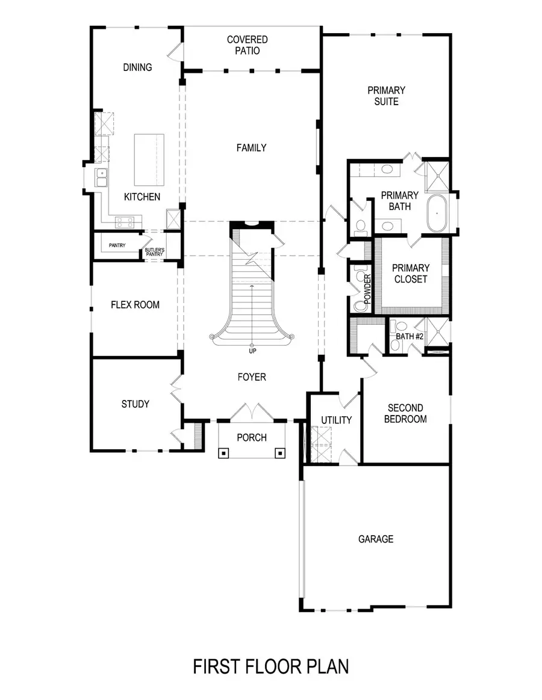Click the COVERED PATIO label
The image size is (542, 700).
[247, 45]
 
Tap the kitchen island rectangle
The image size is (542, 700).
[149, 159]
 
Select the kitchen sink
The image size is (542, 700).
[101, 177]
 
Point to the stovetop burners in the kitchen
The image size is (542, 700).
[125, 222]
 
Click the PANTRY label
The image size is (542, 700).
[117, 245]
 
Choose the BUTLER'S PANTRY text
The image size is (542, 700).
[154, 251]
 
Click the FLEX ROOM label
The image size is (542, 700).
[135, 305]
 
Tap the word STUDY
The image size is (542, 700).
[135, 404]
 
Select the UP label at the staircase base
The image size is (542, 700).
[252, 351]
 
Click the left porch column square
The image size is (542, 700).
[223, 453]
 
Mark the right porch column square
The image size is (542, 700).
[279, 453]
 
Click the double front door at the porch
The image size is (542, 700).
[252, 413]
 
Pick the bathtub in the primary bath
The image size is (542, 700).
[436, 213]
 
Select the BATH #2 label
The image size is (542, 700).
[410, 337]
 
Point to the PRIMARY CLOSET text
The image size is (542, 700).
[411, 274]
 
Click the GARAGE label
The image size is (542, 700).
[376, 539]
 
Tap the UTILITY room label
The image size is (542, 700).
[336, 420]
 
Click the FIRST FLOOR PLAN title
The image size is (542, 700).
[270, 667]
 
